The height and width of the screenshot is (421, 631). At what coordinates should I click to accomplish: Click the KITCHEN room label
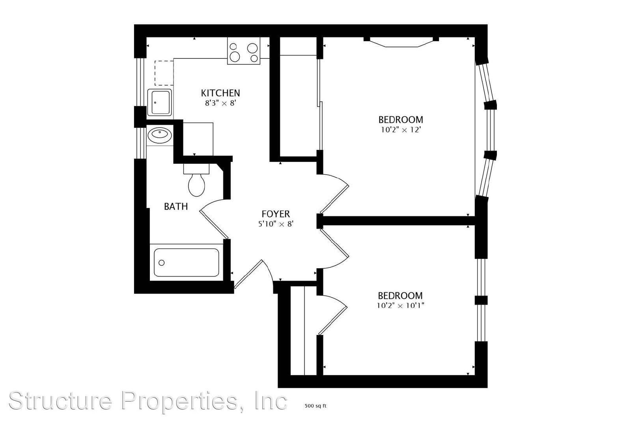tap(220, 93)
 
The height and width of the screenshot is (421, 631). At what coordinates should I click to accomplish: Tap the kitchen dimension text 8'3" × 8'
tap(220, 103)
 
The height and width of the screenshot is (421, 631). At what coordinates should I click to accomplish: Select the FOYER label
tap(276, 214)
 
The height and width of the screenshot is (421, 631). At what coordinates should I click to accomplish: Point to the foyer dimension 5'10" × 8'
tap(276, 224)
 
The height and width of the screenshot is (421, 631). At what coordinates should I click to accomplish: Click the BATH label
tap(176, 207)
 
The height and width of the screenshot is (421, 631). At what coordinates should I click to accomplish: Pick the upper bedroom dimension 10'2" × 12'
tap(401, 130)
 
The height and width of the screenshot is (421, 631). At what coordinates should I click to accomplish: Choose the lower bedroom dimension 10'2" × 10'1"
tap(401, 305)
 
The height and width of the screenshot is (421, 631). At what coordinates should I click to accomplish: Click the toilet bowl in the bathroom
tap(197, 185)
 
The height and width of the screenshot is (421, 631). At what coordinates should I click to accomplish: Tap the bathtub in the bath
tap(187, 262)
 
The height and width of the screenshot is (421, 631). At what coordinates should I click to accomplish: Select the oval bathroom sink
tap(160, 135)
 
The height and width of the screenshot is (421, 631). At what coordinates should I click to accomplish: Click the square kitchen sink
tap(159, 103)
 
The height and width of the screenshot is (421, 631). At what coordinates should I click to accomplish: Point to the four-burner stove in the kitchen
tap(244, 51)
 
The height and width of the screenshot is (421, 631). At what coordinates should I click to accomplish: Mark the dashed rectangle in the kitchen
tap(164, 73)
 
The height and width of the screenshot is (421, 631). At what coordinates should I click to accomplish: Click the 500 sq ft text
tap(315, 406)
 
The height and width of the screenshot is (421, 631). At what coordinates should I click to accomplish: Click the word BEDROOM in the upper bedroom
tap(401, 120)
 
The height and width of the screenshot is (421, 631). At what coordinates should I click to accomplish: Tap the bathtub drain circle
tap(162, 263)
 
